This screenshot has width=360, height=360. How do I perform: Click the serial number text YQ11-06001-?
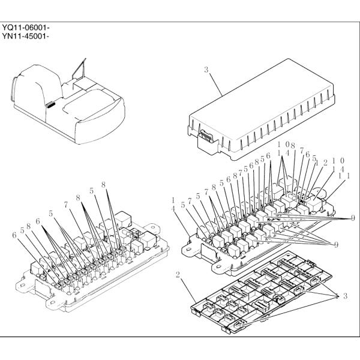pyautogui.click(x=25, y=28)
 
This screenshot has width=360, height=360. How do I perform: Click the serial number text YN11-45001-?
pyautogui.click(x=25, y=37)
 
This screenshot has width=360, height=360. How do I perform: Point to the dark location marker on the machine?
pyautogui.click(x=52, y=105)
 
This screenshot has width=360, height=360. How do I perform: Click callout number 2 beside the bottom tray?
pyautogui.click(x=178, y=275)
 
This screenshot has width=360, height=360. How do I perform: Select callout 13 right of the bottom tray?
pyautogui.click(x=342, y=296)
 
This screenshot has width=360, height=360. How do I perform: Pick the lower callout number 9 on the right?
pyautogui.click(x=337, y=244)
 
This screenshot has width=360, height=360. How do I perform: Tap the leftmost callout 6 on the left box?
pyautogui.click(x=14, y=236)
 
